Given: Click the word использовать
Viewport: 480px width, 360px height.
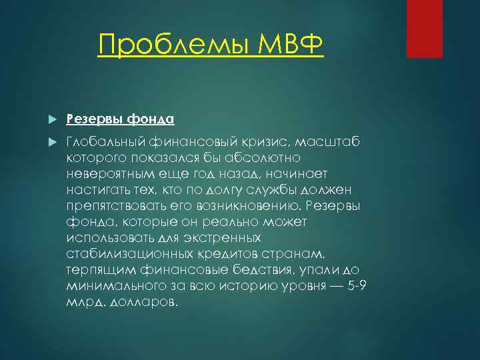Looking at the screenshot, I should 109,239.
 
